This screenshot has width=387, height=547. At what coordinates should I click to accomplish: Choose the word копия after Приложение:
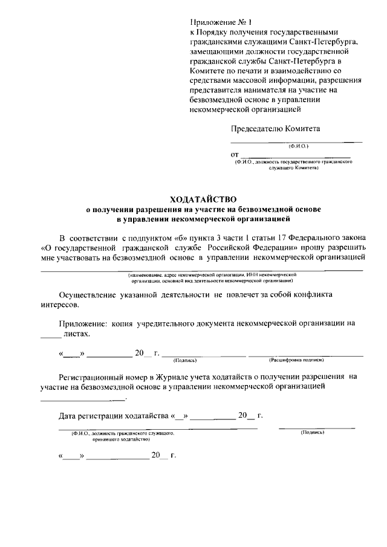point(121,323)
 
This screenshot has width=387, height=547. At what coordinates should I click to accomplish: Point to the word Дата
point(68,416)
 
